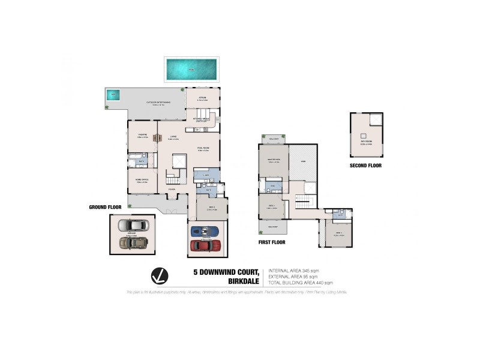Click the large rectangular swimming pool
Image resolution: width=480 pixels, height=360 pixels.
point(192,70)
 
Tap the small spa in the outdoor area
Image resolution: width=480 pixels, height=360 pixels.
point(112,95)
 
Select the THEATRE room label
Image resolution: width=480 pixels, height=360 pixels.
point(142,135)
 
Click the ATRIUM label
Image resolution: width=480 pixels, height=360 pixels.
point(203,98)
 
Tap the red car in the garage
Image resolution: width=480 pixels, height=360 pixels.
point(205,245)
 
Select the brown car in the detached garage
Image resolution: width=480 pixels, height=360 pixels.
point(132,242)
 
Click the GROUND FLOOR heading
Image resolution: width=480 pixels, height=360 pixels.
point(105,207)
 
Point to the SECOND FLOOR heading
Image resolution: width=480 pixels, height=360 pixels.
point(365,165)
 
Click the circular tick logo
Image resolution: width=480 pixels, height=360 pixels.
point(158,276)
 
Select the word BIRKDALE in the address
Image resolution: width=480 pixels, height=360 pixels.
point(244,280)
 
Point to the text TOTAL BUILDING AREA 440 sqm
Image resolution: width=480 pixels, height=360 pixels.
point(301,282)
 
